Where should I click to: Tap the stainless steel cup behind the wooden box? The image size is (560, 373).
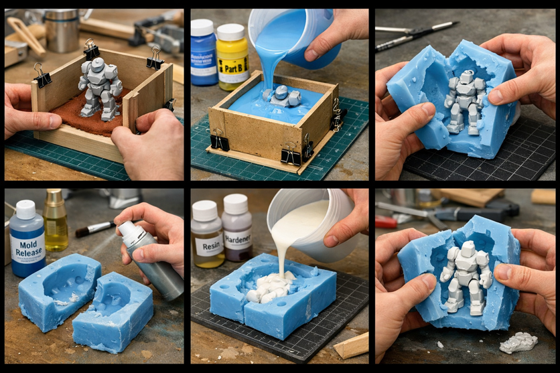point(64,29)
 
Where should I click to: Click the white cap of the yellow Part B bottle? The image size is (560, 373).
point(230,31)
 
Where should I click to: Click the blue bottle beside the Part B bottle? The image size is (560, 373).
point(203,52)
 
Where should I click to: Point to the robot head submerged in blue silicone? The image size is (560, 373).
point(281,92)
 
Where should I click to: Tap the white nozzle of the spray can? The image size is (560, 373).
point(125,229)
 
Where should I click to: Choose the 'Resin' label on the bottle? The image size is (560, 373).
point(207,244)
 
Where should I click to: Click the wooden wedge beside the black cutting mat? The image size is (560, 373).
point(351,346)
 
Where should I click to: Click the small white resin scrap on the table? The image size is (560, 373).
point(519,342)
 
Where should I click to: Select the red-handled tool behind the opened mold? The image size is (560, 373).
point(387,222)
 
